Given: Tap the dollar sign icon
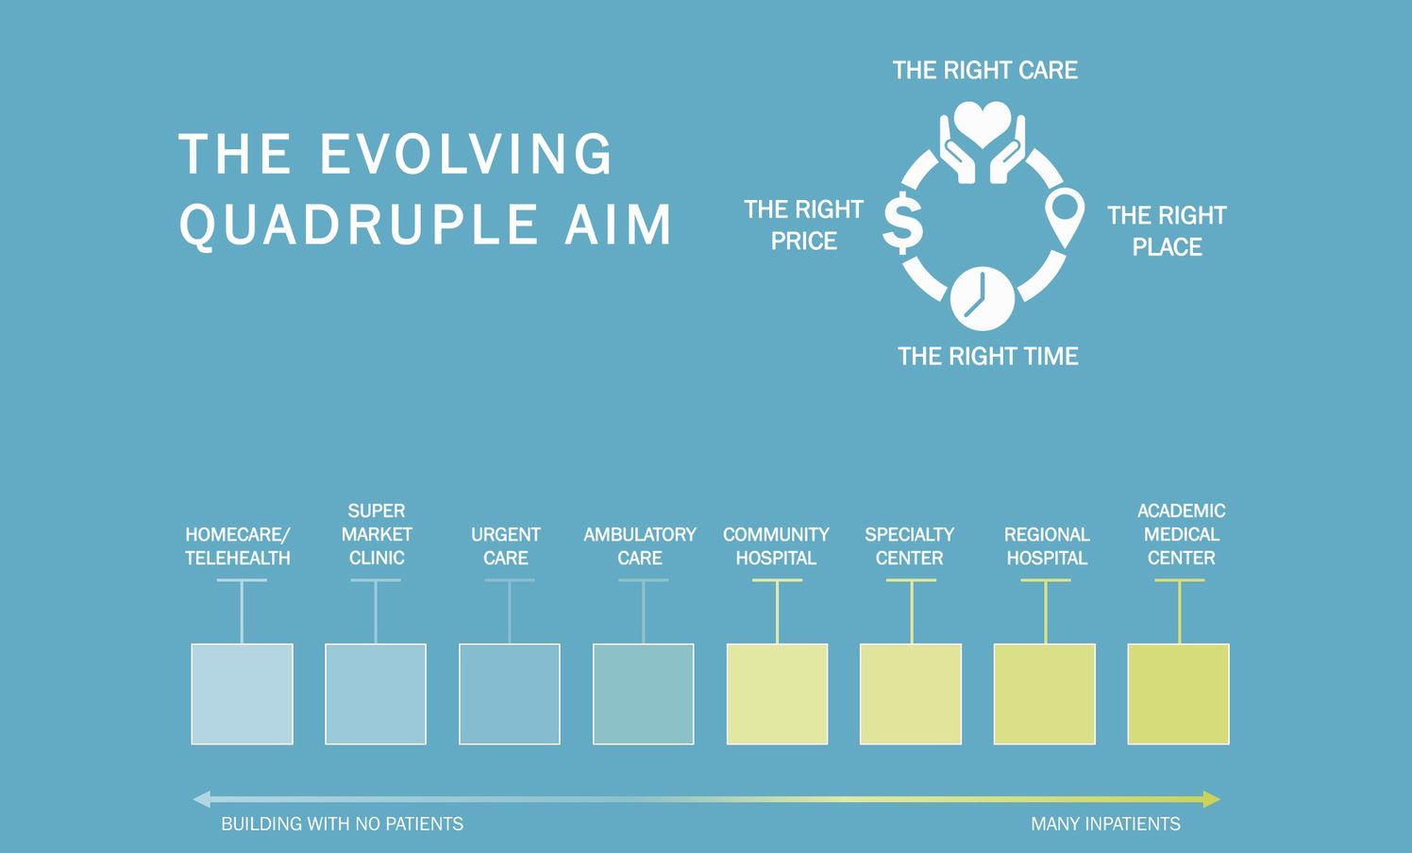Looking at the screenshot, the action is point(902,223).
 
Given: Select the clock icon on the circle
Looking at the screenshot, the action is point(983,298).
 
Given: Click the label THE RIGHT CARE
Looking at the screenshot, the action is point(985,70).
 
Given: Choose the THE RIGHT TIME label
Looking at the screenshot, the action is point(988,356).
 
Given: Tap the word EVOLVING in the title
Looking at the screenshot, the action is point(466,153).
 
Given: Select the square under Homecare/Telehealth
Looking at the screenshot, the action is point(242,694).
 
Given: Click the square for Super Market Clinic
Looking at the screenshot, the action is point(376,694).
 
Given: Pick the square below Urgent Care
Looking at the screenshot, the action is point(510,694).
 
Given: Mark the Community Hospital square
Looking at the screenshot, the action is point(777,694).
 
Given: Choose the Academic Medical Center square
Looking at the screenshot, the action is point(1178,694).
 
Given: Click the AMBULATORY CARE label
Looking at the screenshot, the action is point(640,545).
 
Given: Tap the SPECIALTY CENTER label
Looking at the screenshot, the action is point(909,545).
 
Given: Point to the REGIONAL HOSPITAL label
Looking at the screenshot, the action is point(1047,545).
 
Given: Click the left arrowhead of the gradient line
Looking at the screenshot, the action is point(200,799).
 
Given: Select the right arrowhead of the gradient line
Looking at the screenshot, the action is point(1212,799).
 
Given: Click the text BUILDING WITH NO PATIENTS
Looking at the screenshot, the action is point(343,824).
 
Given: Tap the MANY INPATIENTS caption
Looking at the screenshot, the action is point(1105,824).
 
